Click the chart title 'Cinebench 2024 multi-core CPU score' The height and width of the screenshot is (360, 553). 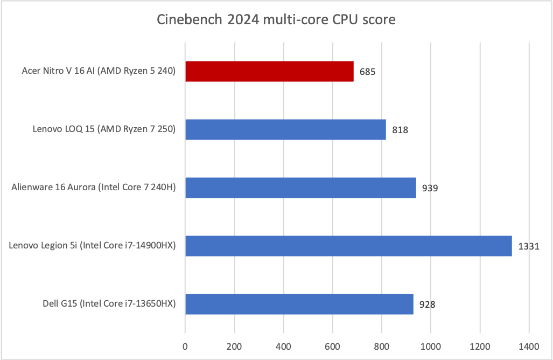(276, 20)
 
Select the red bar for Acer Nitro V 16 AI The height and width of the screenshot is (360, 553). (269, 71)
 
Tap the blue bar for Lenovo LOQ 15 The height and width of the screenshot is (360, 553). (285, 129)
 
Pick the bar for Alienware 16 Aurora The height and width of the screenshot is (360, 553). (300, 188)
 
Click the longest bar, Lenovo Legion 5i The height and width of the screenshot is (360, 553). (348, 246)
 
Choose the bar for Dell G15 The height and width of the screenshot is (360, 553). (299, 304)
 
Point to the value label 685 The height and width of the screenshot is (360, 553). (368, 72)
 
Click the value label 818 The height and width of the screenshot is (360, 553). (400, 130)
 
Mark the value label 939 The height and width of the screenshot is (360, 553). (430, 188)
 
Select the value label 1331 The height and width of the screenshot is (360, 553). (528, 246)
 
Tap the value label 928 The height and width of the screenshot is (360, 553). (428, 304)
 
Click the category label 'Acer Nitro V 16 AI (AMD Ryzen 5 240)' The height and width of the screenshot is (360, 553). (99, 71)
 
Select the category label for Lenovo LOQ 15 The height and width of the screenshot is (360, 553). (104, 129)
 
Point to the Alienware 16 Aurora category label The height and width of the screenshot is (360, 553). (94, 188)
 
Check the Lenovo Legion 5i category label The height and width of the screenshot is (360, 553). (93, 246)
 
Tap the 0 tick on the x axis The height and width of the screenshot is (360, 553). (185, 346)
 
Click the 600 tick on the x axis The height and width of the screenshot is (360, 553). (332, 346)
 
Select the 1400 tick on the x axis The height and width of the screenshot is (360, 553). (529, 346)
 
